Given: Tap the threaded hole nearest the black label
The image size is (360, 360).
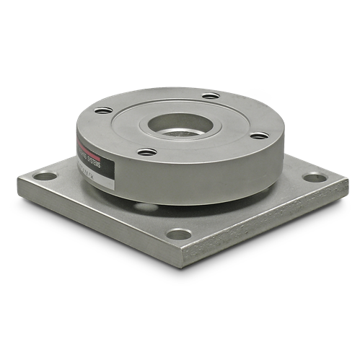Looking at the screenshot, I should tap(146, 152).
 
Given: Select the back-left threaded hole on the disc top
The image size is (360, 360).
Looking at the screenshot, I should tap(103, 110).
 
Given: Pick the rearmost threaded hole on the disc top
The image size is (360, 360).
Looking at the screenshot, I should tap(210, 95).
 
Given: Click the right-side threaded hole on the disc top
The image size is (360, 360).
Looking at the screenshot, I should tap(258, 135).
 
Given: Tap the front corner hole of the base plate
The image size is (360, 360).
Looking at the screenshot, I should tap(177, 234).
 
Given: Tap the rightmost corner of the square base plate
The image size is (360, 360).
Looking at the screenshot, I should tap(348, 180).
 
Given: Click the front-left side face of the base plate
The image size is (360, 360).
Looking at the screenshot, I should tap(94, 224).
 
